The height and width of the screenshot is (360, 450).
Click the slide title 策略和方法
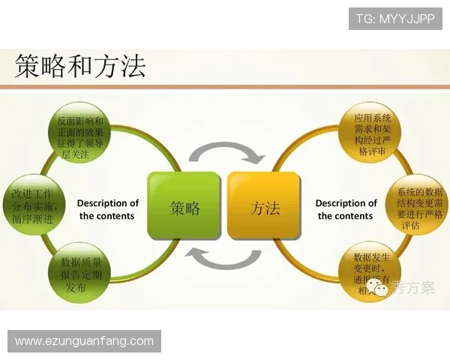click(80, 66)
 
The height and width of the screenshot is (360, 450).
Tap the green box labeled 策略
click(185, 206)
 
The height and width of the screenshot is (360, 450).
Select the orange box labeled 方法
click(264, 206)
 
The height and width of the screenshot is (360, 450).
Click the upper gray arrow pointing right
click(225, 152)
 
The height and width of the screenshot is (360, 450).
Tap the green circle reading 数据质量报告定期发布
click(80, 274)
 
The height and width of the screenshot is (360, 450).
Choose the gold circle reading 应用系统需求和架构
click(367, 135)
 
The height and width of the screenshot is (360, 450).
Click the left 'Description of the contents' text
click(108, 209)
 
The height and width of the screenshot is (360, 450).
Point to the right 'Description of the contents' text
click(346, 209)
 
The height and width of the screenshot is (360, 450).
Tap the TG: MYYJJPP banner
click(396, 18)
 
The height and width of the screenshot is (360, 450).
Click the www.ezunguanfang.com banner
click(84, 341)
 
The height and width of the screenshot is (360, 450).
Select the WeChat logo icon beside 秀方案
click(382, 289)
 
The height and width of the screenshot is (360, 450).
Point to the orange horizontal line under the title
click(225, 87)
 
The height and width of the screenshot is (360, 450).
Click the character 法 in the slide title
click(131, 66)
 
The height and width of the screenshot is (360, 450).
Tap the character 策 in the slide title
click(28, 66)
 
